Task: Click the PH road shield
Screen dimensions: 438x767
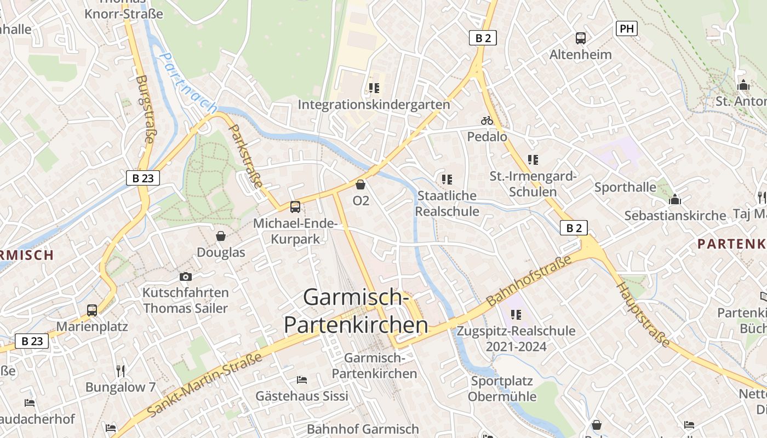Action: pyautogui.click(x=627, y=28)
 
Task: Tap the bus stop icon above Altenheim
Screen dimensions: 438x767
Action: pyautogui.click(x=581, y=38)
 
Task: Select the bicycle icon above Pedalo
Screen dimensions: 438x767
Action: pyautogui.click(x=486, y=120)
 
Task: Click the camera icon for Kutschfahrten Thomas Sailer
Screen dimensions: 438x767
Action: pyautogui.click(x=186, y=276)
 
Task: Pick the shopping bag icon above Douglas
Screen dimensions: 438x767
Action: pyautogui.click(x=221, y=236)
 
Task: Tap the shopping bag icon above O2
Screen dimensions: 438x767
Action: pyautogui.click(x=360, y=185)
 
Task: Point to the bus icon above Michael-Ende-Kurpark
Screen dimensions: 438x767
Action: pyautogui.click(x=295, y=206)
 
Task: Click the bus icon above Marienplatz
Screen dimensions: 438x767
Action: pyautogui.click(x=92, y=310)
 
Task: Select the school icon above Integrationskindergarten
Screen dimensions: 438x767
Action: pyautogui.click(x=374, y=88)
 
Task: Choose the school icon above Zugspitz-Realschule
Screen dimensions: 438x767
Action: pyautogui.click(x=516, y=314)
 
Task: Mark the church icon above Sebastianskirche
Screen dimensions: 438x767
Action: pyautogui.click(x=675, y=199)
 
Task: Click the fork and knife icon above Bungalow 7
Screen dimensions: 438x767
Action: pyautogui.click(x=121, y=371)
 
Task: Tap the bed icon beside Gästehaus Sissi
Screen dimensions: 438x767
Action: pyautogui.click(x=301, y=379)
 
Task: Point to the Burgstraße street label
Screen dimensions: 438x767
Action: pyautogui.click(x=144, y=109)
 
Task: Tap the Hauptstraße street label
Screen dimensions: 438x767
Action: pyautogui.click(x=643, y=315)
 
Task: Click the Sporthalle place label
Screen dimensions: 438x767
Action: pyautogui.click(x=625, y=187)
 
